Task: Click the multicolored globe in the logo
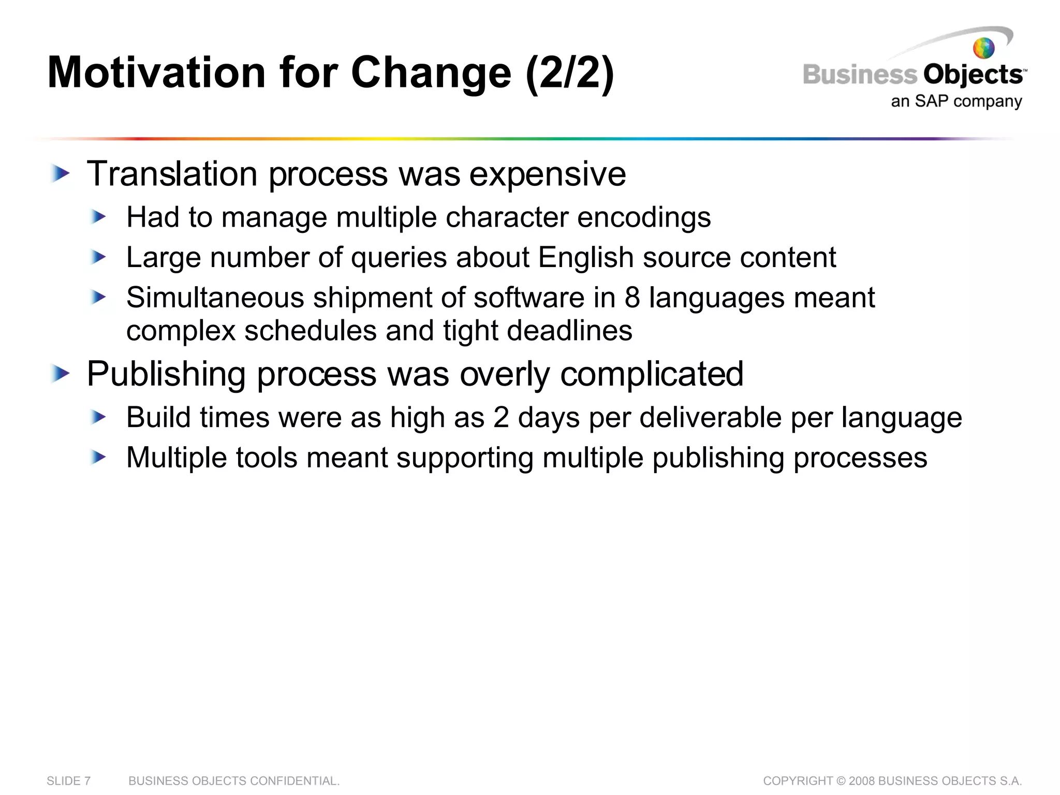pos(983,49)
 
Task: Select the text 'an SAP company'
pos(956,101)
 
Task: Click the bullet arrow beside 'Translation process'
pos(61,174)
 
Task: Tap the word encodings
pos(644,217)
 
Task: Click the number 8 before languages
pos(632,298)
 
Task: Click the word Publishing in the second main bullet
pos(166,375)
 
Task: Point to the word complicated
pos(652,374)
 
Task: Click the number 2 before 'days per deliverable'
pos(501,417)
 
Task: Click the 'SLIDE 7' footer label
pos(68,781)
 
